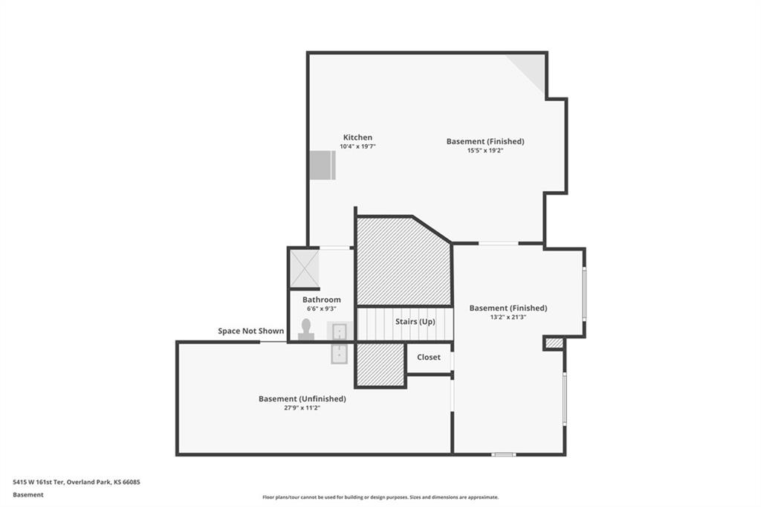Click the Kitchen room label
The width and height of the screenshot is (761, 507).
(x=357, y=138)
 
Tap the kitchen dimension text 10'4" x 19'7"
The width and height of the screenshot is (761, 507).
(x=357, y=146)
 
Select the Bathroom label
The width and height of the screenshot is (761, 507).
(x=321, y=300)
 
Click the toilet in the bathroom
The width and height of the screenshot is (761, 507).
(x=305, y=329)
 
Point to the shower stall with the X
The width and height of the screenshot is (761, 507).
(x=304, y=268)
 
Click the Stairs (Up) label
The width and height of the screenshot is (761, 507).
(x=415, y=321)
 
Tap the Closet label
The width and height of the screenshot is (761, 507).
(x=429, y=357)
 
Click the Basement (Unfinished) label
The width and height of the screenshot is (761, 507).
(x=302, y=398)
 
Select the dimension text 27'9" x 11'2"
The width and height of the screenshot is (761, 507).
(x=302, y=408)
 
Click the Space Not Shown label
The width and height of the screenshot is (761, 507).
(x=250, y=331)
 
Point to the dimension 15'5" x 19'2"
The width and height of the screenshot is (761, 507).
(x=485, y=151)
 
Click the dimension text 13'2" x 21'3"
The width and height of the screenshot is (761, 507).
(x=508, y=317)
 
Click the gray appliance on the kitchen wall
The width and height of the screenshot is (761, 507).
(x=323, y=165)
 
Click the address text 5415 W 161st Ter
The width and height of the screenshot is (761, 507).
(x=39, y=482)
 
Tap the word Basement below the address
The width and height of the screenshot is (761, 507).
(x=28, y=495)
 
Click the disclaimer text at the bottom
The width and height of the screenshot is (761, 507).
(x=380, y=497)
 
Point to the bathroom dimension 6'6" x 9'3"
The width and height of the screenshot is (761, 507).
(x=321, y=309)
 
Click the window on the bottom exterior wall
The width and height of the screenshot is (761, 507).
(x=503, y=454)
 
